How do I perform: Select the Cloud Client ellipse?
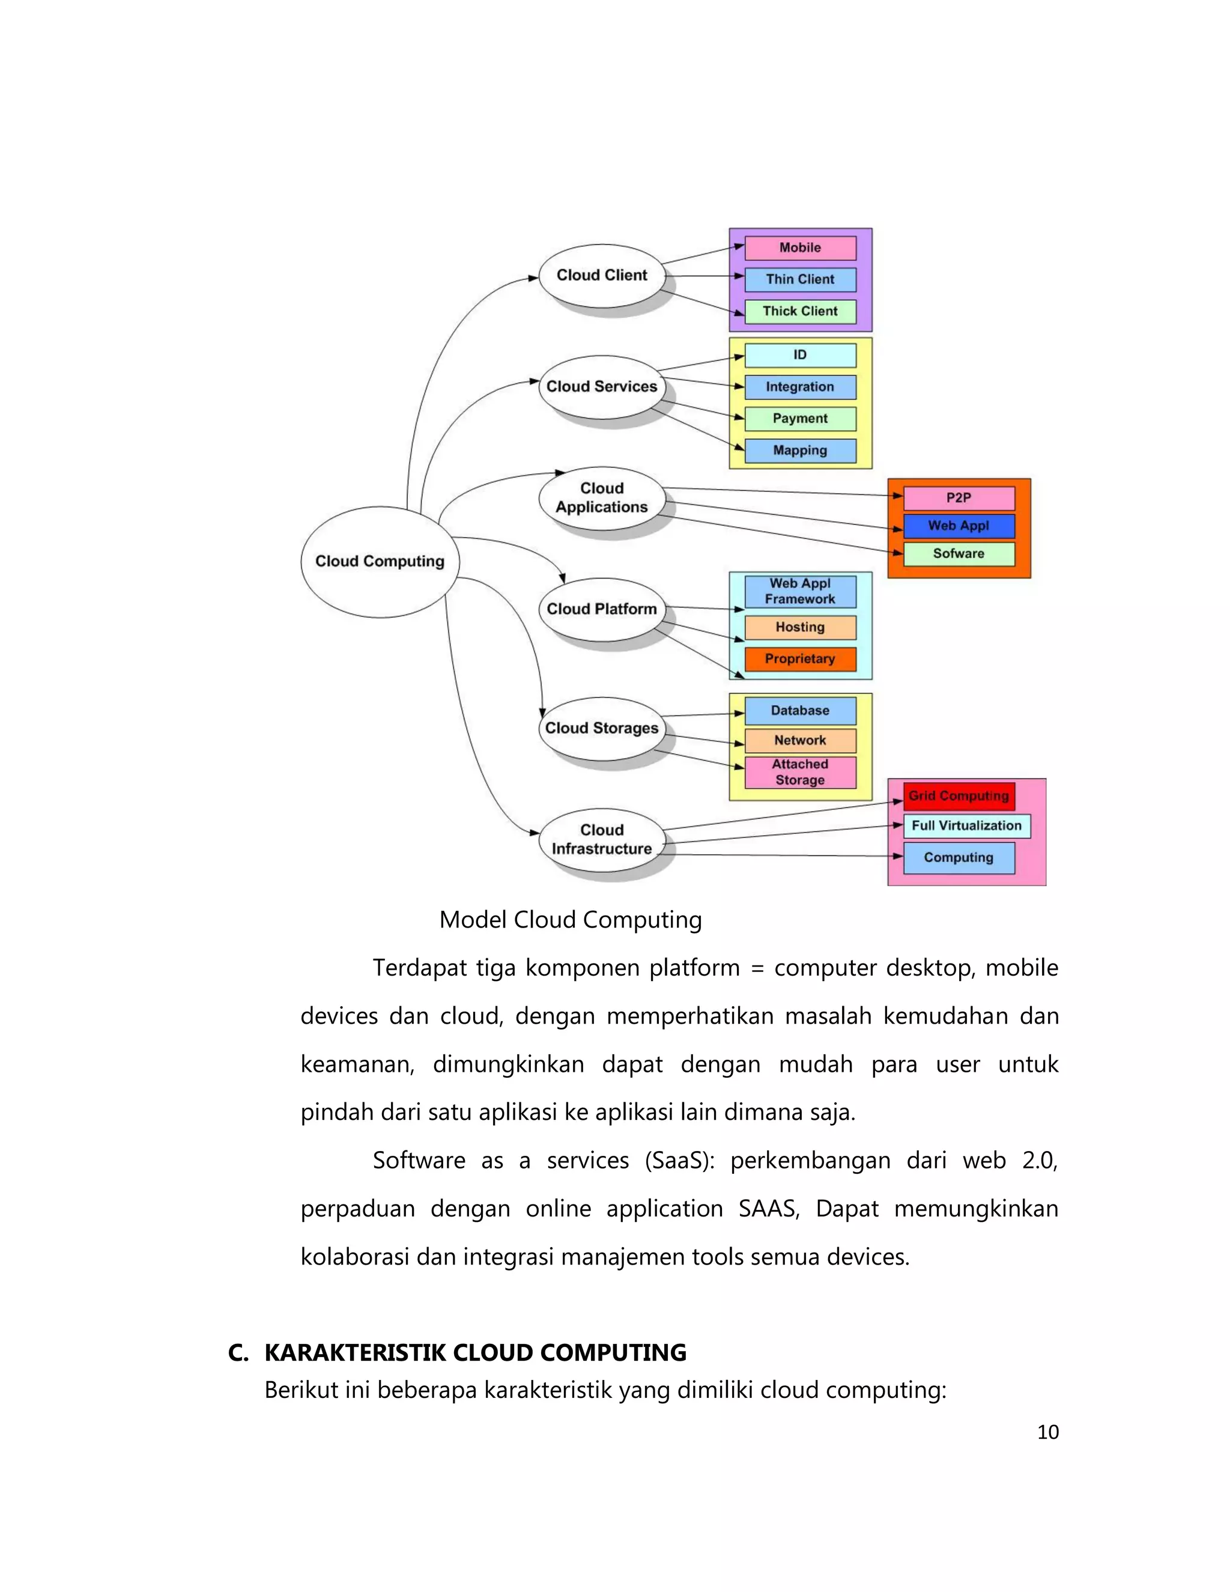pos(602,276)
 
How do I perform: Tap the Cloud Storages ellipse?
pos(602,728)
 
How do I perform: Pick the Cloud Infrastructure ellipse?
pos(602,839)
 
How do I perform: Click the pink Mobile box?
pos(800,248)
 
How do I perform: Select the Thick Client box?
pos(800,311)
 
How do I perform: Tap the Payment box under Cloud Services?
pos(800,418)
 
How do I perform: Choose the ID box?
pos(800,355)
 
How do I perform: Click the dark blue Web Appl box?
pos(959,526)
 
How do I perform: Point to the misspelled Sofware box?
pos(959,554)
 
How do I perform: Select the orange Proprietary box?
pos(800,659)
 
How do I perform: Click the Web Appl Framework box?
pos(800,591)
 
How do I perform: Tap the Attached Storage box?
pos(800,772)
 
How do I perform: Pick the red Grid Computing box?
pos(959,796)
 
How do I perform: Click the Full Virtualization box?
pos(966,826)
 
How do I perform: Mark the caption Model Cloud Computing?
pos(571,920)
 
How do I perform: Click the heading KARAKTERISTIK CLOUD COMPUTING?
pos(475,1353)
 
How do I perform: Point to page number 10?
pos(1047,1432)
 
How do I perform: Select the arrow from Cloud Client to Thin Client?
pos(703,276)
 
